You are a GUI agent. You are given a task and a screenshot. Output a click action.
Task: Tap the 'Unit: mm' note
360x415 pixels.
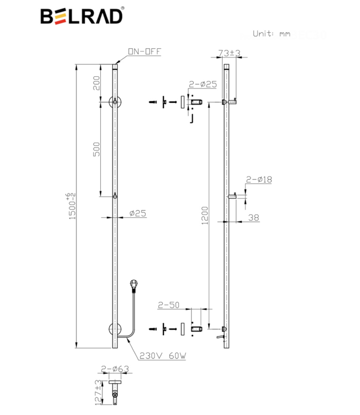click(271, 33)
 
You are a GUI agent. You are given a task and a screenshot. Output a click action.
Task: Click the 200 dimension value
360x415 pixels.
click(96, 83)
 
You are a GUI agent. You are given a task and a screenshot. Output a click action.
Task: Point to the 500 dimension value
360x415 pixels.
click(96, 149)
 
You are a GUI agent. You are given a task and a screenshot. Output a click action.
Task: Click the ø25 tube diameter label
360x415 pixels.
click(137, 213)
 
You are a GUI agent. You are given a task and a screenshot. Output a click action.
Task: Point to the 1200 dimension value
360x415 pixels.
click(204, 216)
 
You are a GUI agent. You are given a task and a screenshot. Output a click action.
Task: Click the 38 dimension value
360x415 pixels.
click(253, 217)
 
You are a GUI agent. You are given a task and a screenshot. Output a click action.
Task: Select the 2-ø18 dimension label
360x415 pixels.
click(259, 179)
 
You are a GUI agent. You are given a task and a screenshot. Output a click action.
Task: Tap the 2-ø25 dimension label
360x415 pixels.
click(202, 84)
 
